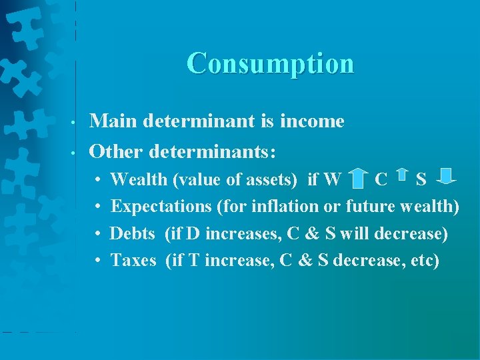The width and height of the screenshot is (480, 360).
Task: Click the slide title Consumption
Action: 270,63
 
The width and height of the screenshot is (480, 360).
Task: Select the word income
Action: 313,121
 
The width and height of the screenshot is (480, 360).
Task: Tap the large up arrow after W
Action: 359,179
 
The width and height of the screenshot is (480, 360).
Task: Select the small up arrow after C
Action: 402,175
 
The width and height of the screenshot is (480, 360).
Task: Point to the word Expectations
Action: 161,206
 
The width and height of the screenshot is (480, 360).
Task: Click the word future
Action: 370,206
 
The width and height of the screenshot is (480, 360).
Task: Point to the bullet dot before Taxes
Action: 97,261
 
